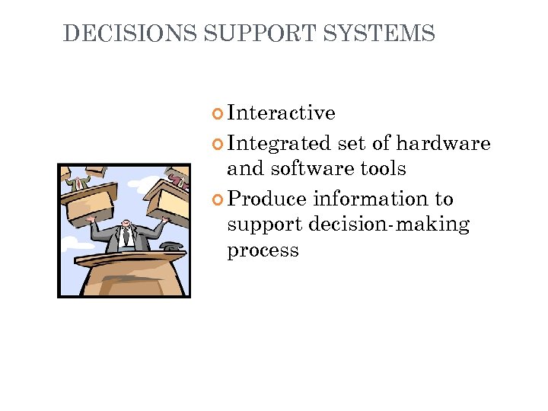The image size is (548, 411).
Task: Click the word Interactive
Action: pyautogui.click(x=281, y=113)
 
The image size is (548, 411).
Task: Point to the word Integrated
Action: pyautogui.click(x=279, y=143)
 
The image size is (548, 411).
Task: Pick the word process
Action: pyautogui.click(x=263, y=250)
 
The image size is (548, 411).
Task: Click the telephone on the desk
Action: pyautogui.click(x=170, y=247)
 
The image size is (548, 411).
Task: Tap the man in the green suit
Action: pyautogui.click(x=77, y=180)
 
